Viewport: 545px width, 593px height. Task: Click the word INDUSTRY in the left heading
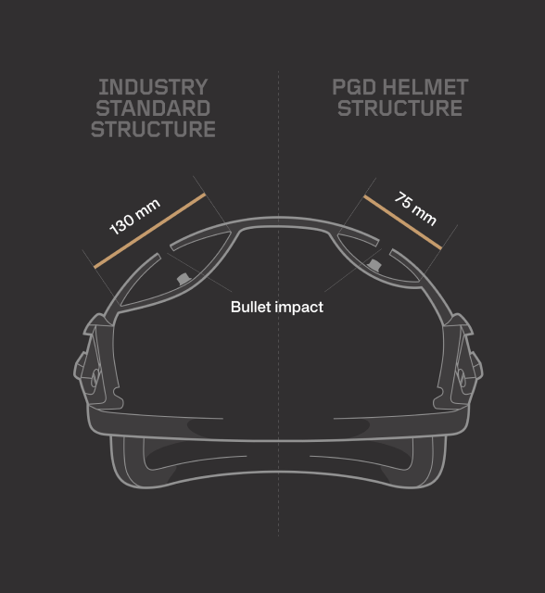(153, 87)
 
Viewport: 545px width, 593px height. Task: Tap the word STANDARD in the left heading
(153, 108)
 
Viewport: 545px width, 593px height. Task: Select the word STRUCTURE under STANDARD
(153, 130)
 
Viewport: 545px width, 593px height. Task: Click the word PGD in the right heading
(354, 87)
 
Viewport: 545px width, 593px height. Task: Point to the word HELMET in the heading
(425, 87)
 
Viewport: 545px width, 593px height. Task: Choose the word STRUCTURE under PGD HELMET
(400, 108)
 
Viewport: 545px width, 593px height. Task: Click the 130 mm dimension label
(134, 217)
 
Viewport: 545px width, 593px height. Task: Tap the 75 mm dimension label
(415, 208)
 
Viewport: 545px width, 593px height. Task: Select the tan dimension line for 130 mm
(150, 231)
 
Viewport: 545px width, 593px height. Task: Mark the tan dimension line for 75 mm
(402, 222)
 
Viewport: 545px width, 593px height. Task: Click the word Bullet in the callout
(251, 307)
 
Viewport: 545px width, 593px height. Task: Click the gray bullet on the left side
(183, 279)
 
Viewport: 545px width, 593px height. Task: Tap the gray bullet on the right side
(374, 265)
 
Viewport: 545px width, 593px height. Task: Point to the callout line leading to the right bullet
(353, 270)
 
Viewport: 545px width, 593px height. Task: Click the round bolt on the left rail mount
(95, 377)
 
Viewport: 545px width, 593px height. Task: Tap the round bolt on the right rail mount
(462, 377)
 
